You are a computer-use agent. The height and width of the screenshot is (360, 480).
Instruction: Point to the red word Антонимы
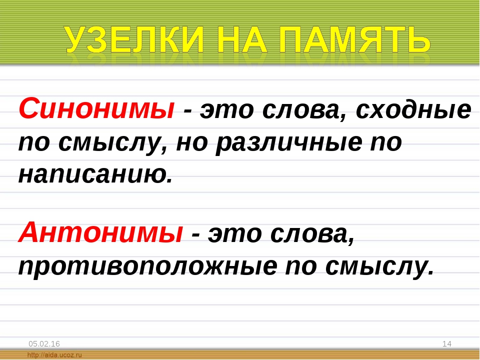tap(100, 232)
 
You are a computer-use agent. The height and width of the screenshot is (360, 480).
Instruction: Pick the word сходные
tap(413, 110)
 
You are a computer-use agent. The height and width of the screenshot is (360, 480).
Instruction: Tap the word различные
tap(288, 143)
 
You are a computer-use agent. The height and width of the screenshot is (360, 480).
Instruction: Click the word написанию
tap(95, 175)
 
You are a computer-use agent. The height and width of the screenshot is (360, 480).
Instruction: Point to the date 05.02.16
tap(44, 344)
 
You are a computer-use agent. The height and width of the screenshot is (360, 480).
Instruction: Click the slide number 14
tap(447, 344)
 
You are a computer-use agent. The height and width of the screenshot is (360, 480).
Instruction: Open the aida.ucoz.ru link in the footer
tap(54, 355)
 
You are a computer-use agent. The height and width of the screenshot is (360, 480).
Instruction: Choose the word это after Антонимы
tap(235, 234)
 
